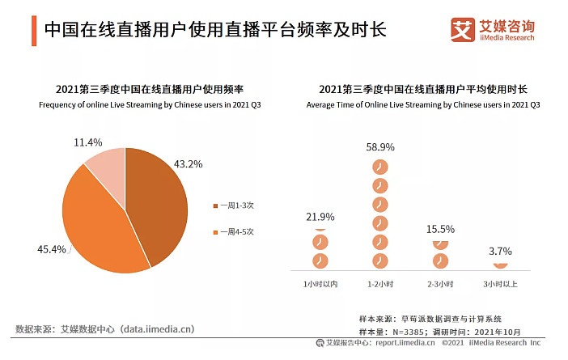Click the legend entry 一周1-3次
(x=234, y=205)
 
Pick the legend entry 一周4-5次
(x=234, y=232)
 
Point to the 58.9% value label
(x=380, y=147)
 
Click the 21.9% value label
(x=320, y=217)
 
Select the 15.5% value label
(x=440, y=229)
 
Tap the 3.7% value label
(x=500, y=251)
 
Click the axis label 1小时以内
(x=320, y=284)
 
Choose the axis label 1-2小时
(x=380, y=284)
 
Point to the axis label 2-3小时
(x=440, y=284)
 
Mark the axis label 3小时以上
(x=500, y=284)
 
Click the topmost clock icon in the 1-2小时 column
(x=380, y=167)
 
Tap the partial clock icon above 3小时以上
(x=500, y=265)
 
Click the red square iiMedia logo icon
(x=463, y=30)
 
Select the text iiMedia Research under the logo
(x=507, y=38)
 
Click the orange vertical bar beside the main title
(x=34, y=31)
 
